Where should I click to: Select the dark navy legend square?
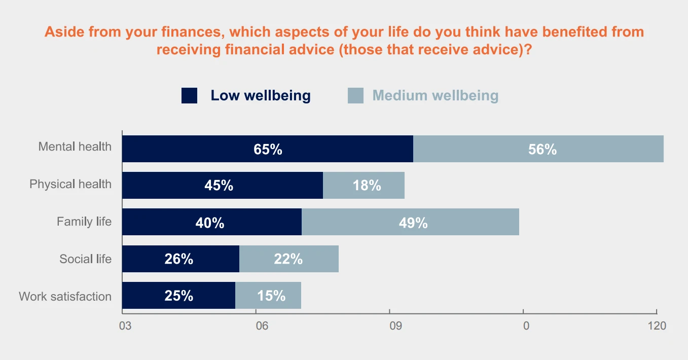coord(189,95)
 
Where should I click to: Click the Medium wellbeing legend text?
coord(435,95)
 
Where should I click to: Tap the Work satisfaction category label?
coord(65,296)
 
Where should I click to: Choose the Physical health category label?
coord(70,184)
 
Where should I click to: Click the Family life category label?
coord(84,222)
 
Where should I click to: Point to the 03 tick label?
coord(125,326)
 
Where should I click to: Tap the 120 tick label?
coord(657,326)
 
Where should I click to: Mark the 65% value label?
coord(268,150)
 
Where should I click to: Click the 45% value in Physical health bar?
coord(219,186)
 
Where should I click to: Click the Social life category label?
coord(85,259)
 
